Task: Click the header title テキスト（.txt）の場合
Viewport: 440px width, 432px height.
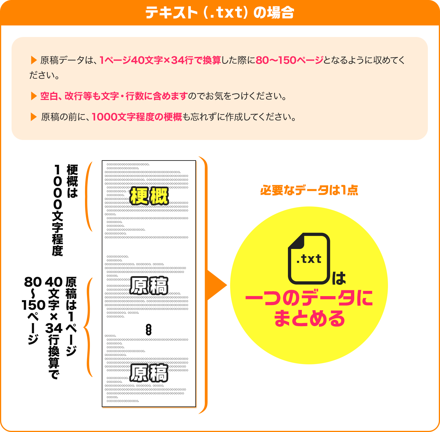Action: (220, 13)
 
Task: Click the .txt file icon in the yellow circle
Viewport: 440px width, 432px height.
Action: (309, 259)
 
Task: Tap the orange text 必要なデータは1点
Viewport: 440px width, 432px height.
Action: (309, 190)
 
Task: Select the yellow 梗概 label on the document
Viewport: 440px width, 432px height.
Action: (149, 196)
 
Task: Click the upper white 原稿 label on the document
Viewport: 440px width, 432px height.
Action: (149, 285)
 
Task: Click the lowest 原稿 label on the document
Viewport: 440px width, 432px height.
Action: (149, 373)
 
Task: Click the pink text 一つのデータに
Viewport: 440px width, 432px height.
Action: (309, 298)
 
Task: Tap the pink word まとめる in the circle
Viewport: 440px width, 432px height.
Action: (309, 319)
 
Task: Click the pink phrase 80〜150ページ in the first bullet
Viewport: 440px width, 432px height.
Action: (289, 60)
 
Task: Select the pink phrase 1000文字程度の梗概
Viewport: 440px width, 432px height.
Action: (137, 117)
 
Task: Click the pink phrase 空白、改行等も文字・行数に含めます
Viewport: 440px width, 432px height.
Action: (114, 96)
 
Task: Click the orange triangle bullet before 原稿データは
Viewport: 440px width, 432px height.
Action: (34, 60)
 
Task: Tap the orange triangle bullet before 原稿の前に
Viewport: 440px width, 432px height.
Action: (34, 117)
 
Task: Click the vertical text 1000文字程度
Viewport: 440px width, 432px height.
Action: (58, 210)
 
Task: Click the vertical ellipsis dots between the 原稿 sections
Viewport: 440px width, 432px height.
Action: (149, 330)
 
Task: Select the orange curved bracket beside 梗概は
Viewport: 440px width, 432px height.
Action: (88, 197)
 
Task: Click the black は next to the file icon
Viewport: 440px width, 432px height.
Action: (339, 278)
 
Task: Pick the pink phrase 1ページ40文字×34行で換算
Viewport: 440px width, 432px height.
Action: (160, 60)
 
